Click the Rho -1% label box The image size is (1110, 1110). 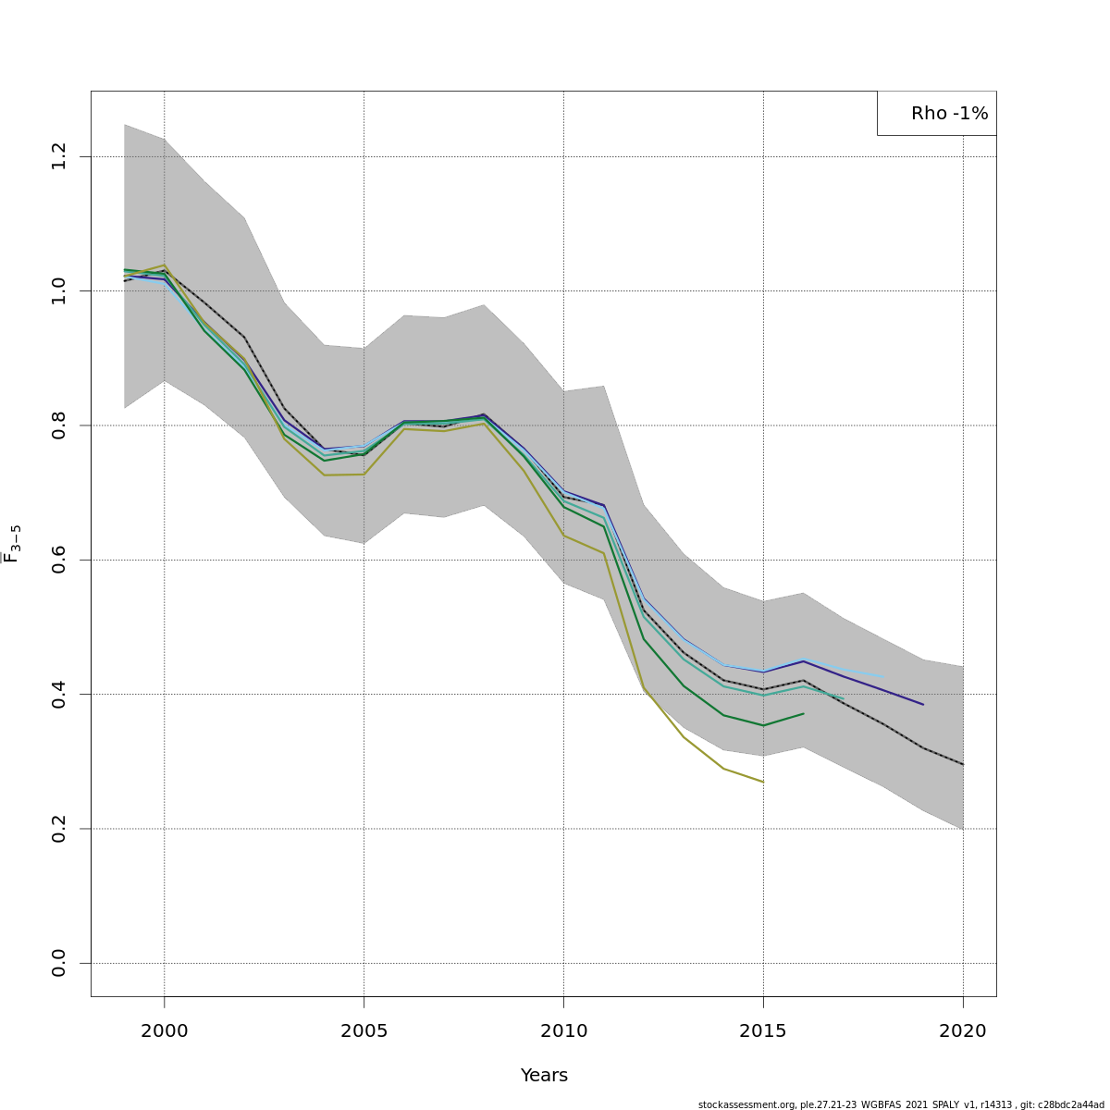(937, 114)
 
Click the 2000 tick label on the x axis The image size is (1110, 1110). (165, 1030)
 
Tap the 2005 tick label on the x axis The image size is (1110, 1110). (364, 1030)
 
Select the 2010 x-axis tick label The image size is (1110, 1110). (563, 1030)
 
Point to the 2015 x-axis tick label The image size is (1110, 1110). (763, 1030)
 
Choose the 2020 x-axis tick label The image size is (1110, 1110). (963, 1030)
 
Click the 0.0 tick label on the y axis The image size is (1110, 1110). (59, 963)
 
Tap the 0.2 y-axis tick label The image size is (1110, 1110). (59, 829)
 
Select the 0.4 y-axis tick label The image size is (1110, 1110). (59, 694)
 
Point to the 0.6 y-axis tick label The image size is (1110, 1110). (59, 560)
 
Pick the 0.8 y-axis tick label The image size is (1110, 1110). (59, 425)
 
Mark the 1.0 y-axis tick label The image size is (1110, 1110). (59, 291)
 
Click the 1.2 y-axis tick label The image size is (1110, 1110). (59, 156)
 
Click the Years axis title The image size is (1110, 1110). (544, 1076)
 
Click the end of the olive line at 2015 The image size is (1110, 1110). (763, 782)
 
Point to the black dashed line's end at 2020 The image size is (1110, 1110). (963, 764)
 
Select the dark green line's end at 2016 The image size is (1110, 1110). (803, 713)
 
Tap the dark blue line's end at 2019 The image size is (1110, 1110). (923, 704)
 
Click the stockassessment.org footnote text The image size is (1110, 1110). (901, 1104)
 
